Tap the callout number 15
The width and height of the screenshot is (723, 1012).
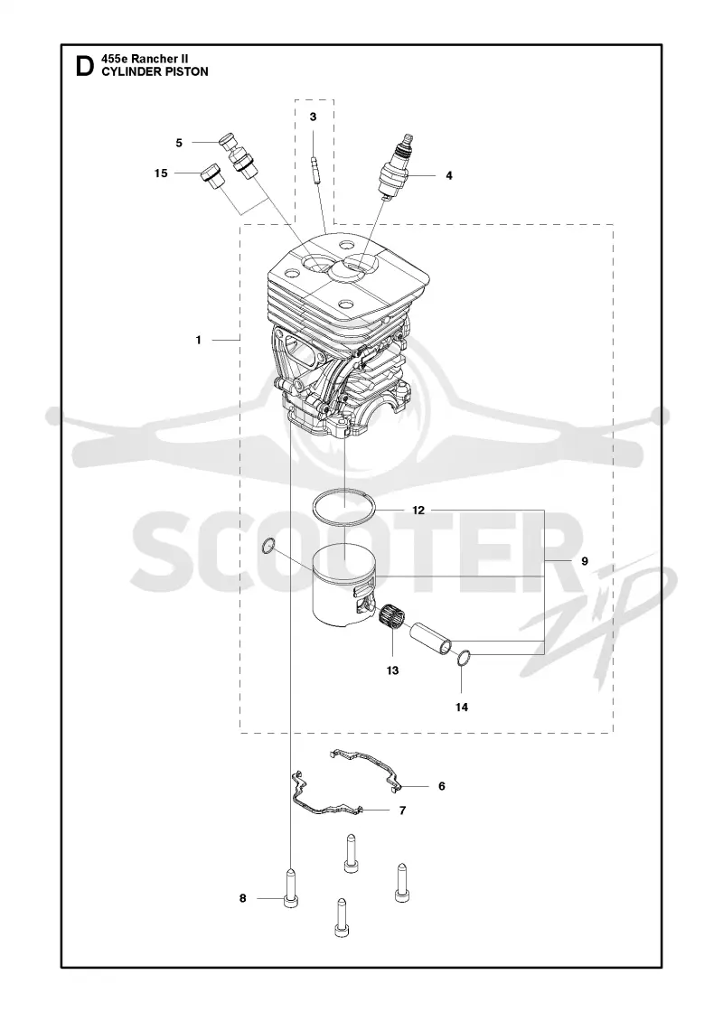161,173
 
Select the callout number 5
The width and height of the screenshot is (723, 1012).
180,143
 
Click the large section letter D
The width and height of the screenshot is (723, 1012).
85,66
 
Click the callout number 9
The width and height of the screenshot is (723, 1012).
584,561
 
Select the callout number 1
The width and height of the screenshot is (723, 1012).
199,340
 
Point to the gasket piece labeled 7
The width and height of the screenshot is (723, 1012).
326,799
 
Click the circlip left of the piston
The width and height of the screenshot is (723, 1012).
269,548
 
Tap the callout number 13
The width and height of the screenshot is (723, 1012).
392,670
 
